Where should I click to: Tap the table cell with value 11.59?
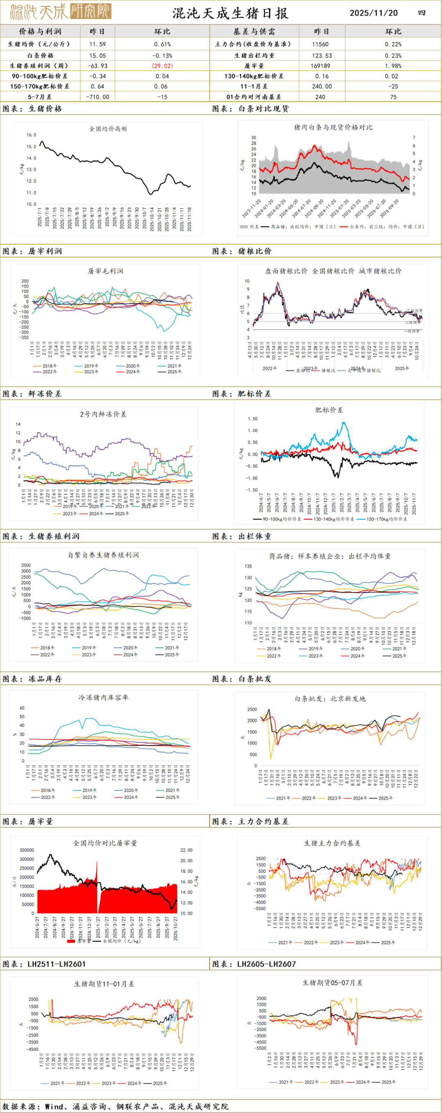coord(98,44)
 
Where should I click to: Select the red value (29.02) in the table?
coord(162,65)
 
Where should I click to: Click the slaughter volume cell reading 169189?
coord(320,65)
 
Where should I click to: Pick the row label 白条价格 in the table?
coord(40,55)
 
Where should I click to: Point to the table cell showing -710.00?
coord(98,97)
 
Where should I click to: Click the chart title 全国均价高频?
coord(108,129)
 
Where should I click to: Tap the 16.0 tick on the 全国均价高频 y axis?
coord(31,135)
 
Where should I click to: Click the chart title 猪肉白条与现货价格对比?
coord(333,127)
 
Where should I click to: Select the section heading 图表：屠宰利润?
coord(32,251)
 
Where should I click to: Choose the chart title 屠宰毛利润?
coord(106,271)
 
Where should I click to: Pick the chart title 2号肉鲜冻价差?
coord(103,414)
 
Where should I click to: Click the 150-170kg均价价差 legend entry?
coord(386,519)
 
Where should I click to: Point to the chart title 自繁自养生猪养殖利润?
coord(103,555)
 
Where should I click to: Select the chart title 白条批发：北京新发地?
coord(330,699)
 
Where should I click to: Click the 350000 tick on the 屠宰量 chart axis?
coord(27,850)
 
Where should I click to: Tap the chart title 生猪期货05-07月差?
coord(332,982)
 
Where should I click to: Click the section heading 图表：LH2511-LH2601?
coord(44,964)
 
